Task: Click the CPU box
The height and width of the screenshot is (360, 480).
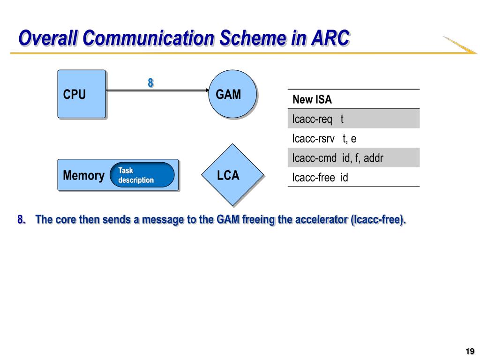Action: coord(82,94)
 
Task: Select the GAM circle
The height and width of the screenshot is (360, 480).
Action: coord(232,94)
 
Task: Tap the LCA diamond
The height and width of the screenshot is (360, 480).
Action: coord(232,175)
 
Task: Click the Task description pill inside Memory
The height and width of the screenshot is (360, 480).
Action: coord(142,175)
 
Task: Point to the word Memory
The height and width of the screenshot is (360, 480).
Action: coord(83,175)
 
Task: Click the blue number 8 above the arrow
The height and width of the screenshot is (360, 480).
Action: coord(150,82)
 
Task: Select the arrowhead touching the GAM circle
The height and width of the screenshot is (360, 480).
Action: coord(207,90)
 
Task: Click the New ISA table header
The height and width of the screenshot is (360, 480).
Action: coord(353,99)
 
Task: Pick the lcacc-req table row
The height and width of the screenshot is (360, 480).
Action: coord(353,119)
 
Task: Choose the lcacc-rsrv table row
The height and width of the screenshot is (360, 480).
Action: coord(353,138)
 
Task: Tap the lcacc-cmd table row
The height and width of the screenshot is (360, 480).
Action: coord(353,158)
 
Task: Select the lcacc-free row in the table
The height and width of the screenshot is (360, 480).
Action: coord(353,177)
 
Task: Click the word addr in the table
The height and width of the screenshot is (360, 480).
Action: coord(374,158)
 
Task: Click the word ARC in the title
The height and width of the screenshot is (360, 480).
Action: coord(330,38)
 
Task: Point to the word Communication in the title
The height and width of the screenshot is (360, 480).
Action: coord(149,38)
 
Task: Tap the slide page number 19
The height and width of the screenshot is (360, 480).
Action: coord(470,351)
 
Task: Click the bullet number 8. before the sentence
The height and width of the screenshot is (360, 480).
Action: coord(22,219)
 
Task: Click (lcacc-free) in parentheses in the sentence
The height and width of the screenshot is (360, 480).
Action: coord(378,220)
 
